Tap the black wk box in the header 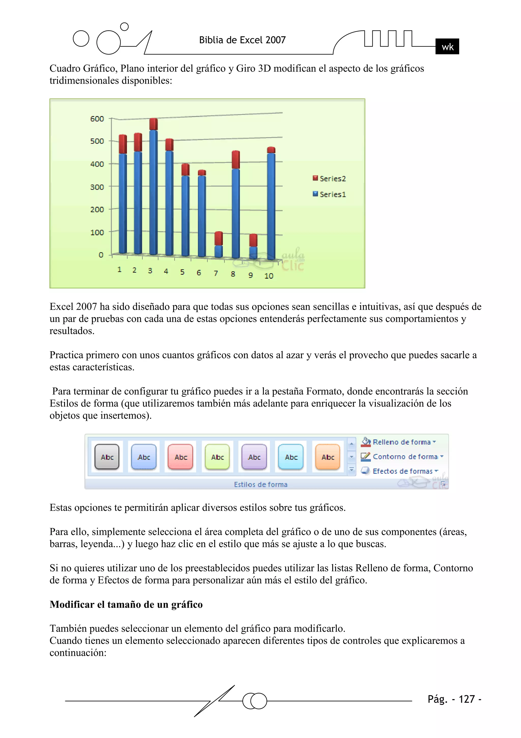point(447,47)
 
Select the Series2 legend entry point(329,178)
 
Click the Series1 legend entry point(329,194)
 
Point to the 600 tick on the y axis point(97,119)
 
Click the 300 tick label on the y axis point(97,187)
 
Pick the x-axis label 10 point(269,276)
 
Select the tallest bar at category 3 point(153,190)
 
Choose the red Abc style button point(180,457)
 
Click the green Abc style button point(217,457)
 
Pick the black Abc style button point(107,457)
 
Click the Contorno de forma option point(405,457)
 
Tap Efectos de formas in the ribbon point(402,471)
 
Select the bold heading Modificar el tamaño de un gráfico point(126,604)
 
